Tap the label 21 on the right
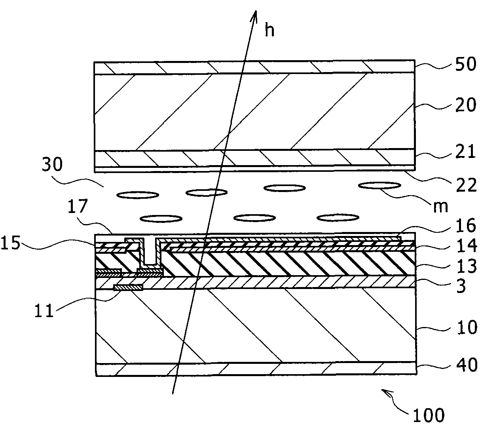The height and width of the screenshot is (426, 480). click(x=465, y=152)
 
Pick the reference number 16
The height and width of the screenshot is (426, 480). click(x=465, y=226)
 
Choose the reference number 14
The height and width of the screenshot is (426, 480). click(x=465, y=247)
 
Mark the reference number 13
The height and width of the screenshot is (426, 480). click(x=465, y=267)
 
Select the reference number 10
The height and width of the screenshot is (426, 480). click(x=465, y=328)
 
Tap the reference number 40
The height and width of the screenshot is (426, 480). click(x=465, y=365)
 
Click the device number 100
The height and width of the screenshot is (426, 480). click(x=429, y=415)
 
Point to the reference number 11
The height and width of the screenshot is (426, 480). click(x=44, y=311)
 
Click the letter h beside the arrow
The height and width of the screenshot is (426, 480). click(x=269, y=30)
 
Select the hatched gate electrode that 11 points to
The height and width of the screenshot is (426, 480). click(x=128, y=287)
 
